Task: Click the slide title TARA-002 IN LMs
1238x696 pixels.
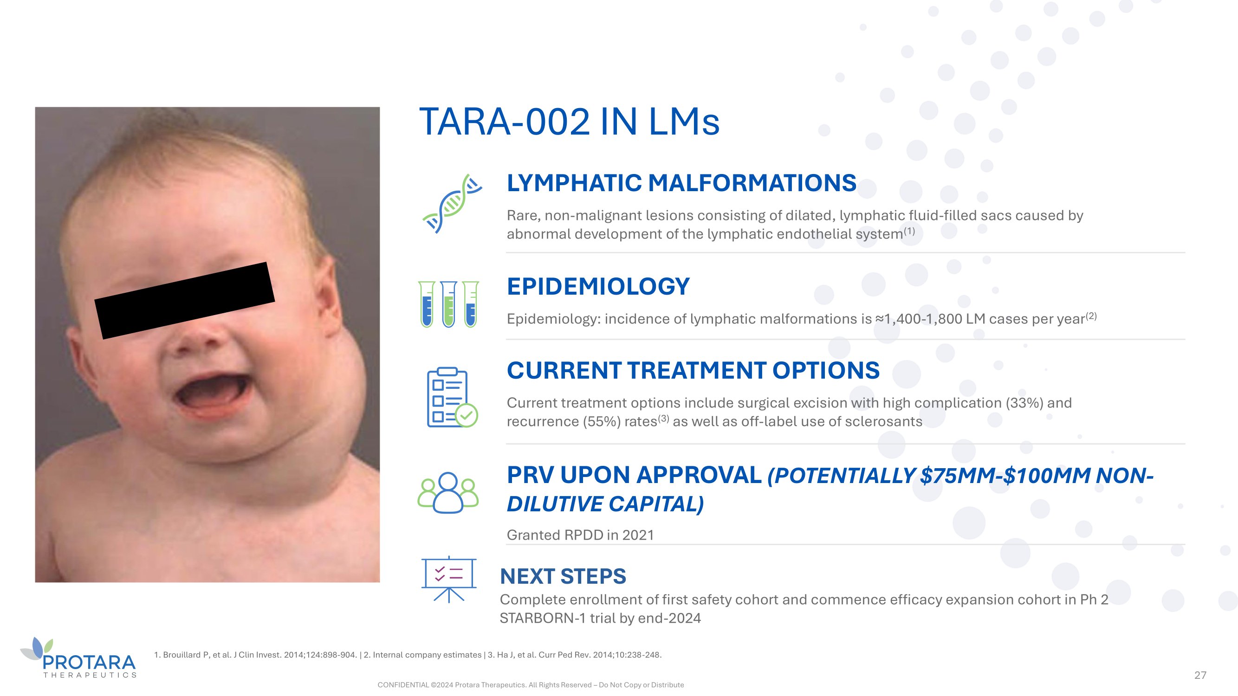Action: click(x=569, y=122)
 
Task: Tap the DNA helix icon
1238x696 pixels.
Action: click(x=452, y=204)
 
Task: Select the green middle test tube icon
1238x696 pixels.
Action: click(x=448, y=304)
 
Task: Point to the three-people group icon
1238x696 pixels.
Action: click(x=448, y=492)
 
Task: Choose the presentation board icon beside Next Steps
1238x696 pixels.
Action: click(x=449, y=579)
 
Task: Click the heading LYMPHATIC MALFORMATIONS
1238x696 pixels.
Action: click(x=681, y=183)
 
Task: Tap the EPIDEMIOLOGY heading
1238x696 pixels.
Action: click(x=598, y=286)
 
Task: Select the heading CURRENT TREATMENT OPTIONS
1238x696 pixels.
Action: click(x=693, y=370)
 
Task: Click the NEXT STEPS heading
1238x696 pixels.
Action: click(x=563, y=576)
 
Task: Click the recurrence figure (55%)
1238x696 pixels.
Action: click(x=602, y=421)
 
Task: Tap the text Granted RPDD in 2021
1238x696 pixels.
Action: click(x=580, y=535)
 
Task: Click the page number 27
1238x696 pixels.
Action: click(x=1200, y=675)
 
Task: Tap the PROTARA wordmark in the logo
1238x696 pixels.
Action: click(x=90, y=663)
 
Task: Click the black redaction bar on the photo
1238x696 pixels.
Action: click(x=185, y=301)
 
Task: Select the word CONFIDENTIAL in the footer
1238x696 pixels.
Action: click(x=403, y=685)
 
